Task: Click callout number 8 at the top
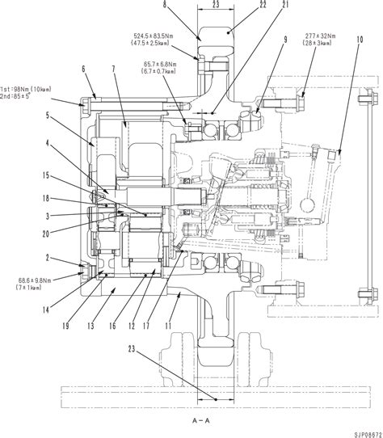click(166, 5)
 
